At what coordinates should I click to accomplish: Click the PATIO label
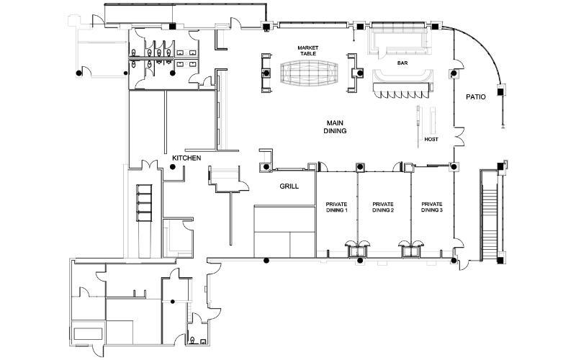(476, 97)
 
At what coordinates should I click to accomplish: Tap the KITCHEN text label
(186, 158)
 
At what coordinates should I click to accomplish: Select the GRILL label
(289, 186)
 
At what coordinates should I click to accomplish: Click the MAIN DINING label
(335, 127)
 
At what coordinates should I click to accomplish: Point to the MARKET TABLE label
(308, 50)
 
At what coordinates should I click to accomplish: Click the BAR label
(402, 63)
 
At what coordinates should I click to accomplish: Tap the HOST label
(431, 140)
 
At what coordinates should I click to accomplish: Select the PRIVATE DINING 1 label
(336, 207)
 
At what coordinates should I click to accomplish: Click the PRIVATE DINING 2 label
(383, 207)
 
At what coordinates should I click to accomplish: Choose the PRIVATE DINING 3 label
(431, 207)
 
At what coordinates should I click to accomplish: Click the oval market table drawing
(308, 73)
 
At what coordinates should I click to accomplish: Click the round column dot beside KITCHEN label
(172, 167)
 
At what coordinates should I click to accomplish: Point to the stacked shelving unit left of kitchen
(144, 203)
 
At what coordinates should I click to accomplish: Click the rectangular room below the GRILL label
(284, 231)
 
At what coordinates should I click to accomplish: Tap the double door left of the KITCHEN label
(149, 165)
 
